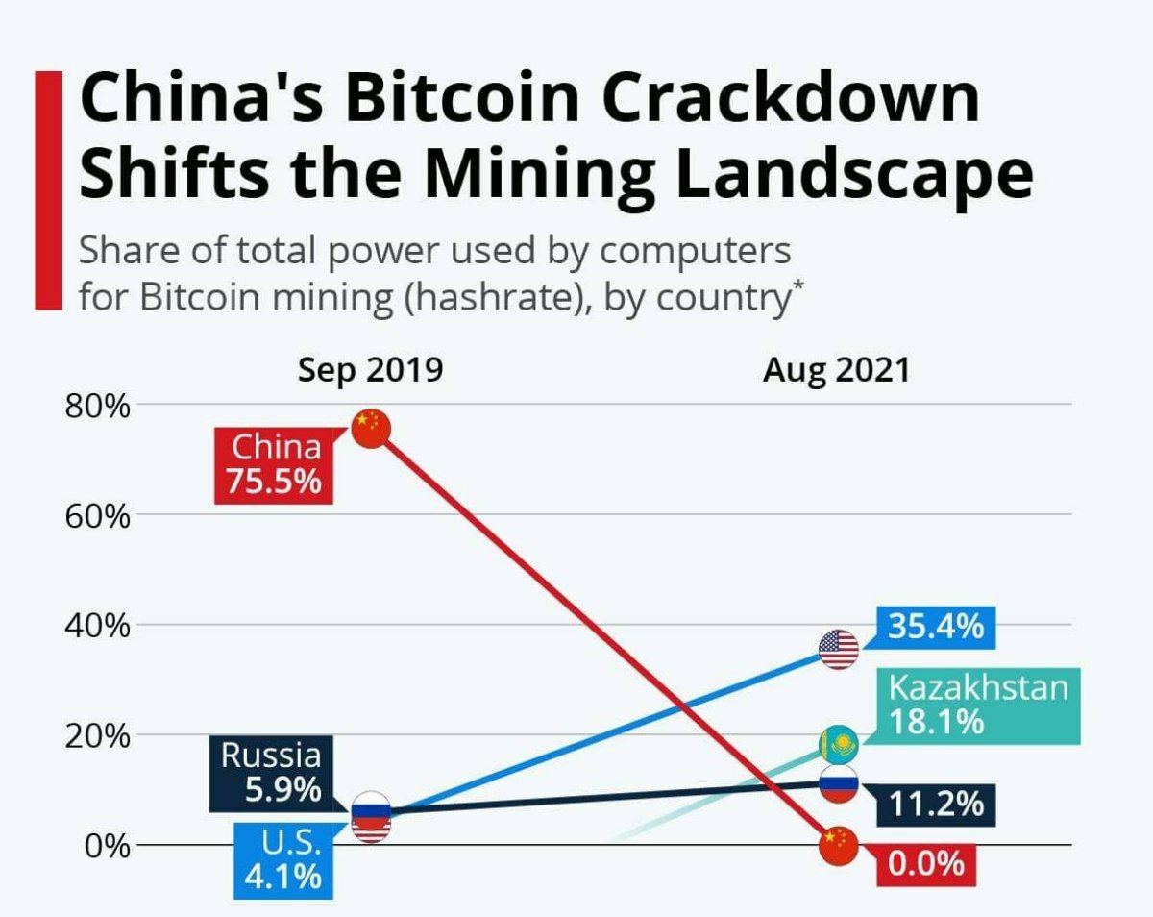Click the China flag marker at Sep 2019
(370, 428)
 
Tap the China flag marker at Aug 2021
(838, 845)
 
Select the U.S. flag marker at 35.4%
(838, 650)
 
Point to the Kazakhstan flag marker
(838, 744)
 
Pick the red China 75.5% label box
(274, 464)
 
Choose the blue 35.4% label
(935, 628)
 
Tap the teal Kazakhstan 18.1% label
(976, 706)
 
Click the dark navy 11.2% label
(935, 804)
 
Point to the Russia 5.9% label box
(271, 772)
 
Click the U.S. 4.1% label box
(285, 861)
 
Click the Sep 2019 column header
(370, 370)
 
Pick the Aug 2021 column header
(836, 370)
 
